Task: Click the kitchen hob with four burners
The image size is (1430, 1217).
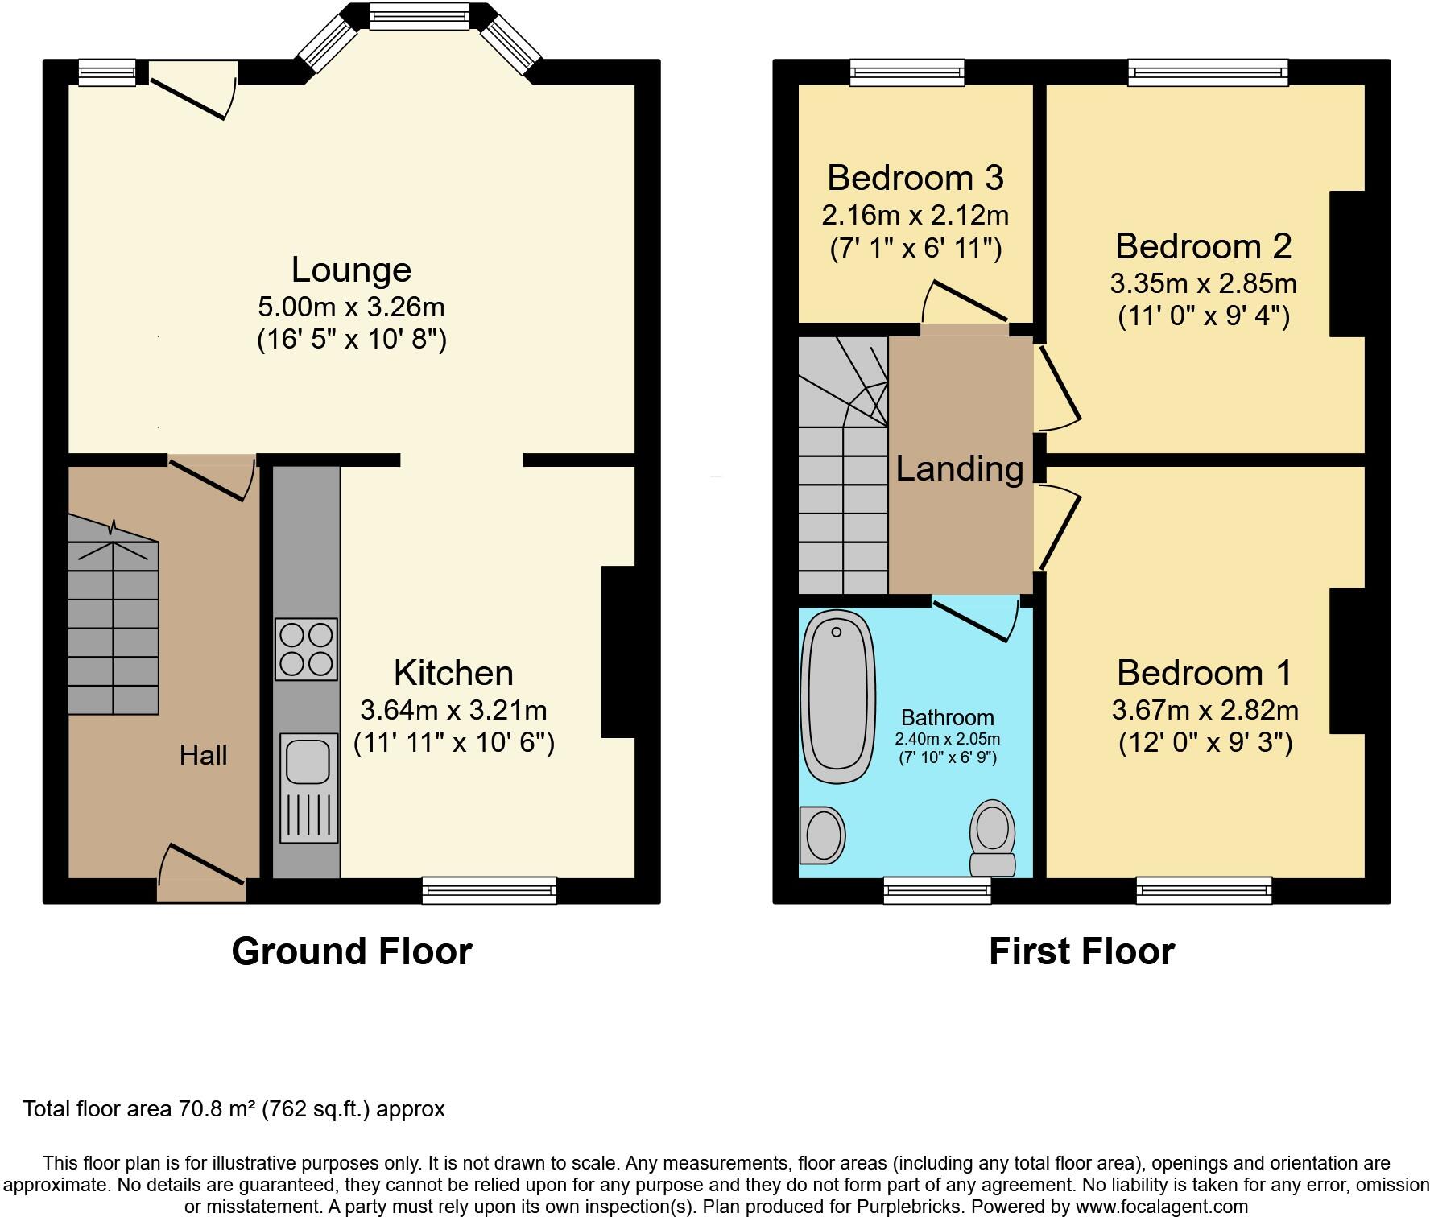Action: click(306, 649)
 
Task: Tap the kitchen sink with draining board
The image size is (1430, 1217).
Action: click(308, 787)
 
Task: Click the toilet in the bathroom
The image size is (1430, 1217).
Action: click(992, 838)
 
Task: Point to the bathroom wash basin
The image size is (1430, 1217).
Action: click(822, 835)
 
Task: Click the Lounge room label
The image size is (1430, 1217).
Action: click(351, 270)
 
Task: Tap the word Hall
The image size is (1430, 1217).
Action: click(203, 755)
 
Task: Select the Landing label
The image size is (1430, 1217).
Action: click(960, 468)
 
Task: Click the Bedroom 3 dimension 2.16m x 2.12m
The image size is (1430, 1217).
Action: click(915, 215)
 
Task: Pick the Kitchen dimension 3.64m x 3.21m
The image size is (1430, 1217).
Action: click(453, 710)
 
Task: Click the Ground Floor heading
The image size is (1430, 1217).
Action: click(352, 951)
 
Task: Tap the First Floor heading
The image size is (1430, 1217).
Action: click(1081, 951)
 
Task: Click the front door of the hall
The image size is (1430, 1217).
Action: click(202, 873)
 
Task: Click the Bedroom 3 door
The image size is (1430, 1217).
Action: click(965, 302)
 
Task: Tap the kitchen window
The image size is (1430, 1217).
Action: click(490, 890)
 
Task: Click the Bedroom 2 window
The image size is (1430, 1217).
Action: click(1208, 72)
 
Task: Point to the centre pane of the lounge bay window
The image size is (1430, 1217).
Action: click(419, 16)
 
